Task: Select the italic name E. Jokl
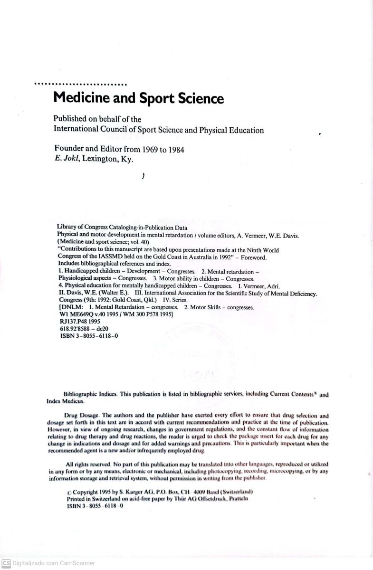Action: (67, 159)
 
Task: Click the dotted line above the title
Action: (80, 85)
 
